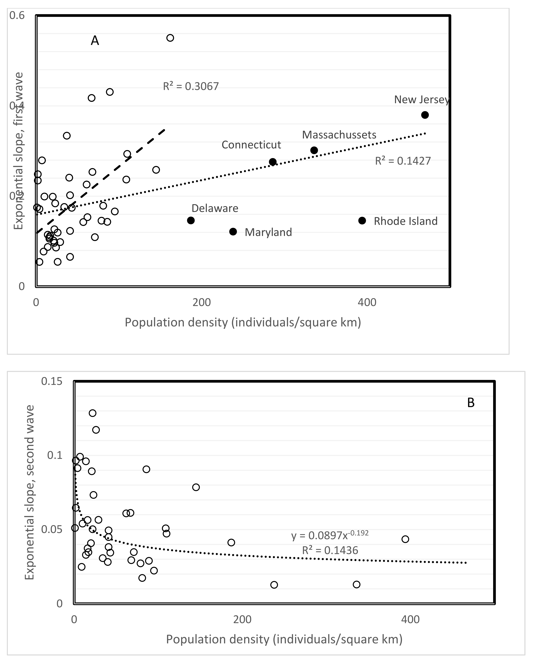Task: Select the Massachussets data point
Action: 314,150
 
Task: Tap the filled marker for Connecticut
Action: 272,162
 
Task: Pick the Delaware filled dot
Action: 191,220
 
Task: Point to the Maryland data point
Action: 233,232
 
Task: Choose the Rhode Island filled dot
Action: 362,221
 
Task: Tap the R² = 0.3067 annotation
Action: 191,86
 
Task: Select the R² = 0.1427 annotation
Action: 403,161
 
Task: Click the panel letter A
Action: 95,41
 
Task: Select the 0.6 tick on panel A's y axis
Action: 17,15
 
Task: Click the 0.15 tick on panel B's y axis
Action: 52,381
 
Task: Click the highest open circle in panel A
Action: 170,38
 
